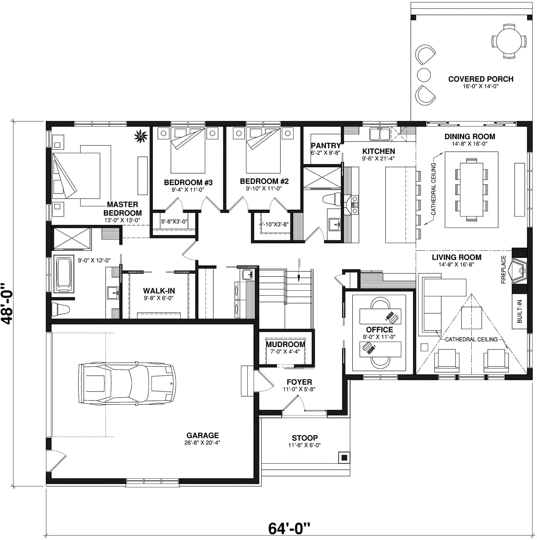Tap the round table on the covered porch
[509, 42]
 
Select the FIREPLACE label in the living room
[504, 269]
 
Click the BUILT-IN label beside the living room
[519, 311]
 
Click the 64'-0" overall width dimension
[289, 528]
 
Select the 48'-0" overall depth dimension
[8, 303]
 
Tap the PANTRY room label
[325, 145]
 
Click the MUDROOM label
[286, 344]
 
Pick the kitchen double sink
[379, 134]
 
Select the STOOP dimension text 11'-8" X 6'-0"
[305, 445]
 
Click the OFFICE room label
[379, 329]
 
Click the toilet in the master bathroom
[60, 309]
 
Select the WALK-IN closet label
[159, 291]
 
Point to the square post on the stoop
[344, 458]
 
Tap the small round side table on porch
[424, 75]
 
